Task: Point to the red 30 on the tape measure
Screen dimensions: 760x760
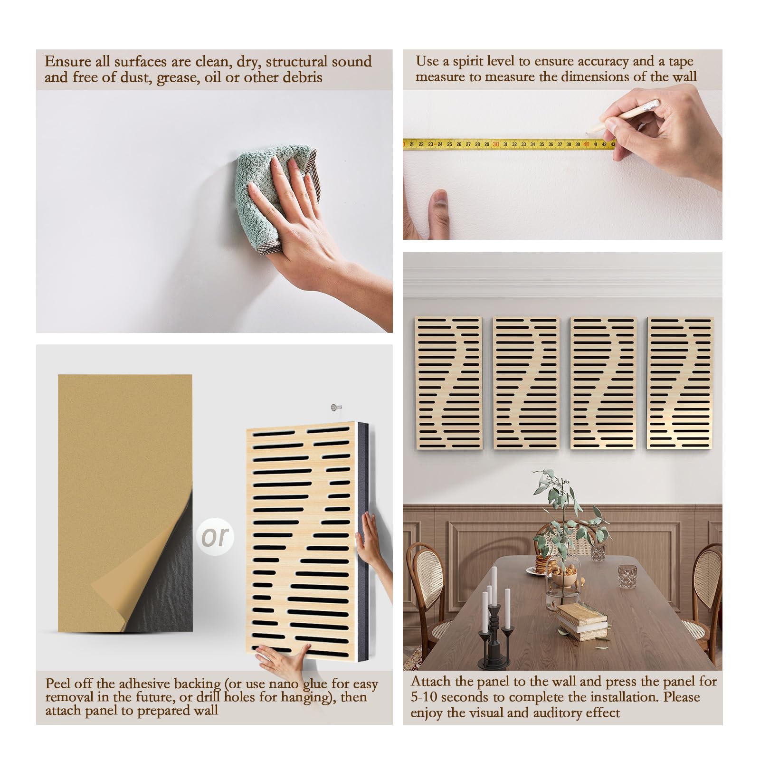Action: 495,144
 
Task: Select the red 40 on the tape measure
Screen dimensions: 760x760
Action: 586,144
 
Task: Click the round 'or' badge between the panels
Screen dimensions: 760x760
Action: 215,536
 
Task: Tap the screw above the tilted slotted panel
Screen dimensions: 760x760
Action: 336,407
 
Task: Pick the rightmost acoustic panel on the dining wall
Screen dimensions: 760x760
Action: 680,383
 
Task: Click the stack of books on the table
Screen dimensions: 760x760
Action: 582,621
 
